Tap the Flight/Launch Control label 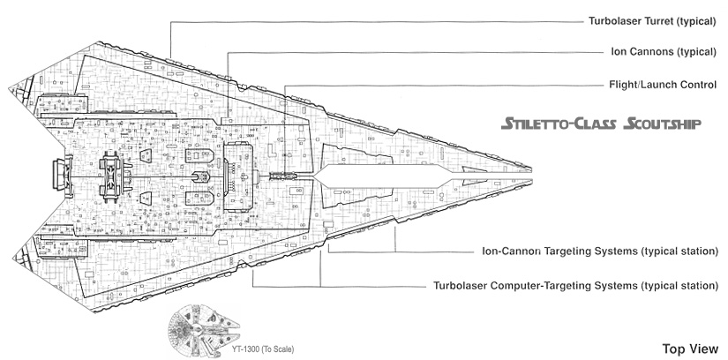coord(657,84)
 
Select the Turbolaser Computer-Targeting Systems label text coord(576,286)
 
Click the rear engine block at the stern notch coord(61,169)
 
